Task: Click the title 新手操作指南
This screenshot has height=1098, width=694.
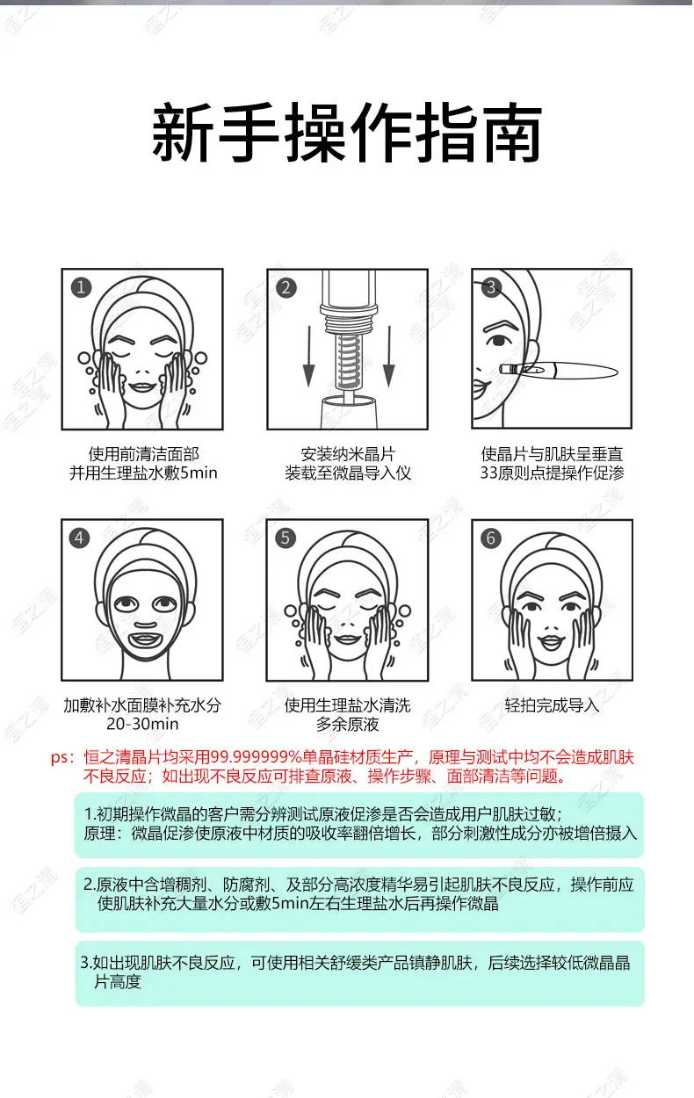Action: click(x=347, y=133)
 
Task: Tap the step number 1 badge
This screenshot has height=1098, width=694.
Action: click(x=82, y=287)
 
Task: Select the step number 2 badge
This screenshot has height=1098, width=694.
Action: click(x=286, y=288)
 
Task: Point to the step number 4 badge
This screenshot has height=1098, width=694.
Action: click(x=79, y=538)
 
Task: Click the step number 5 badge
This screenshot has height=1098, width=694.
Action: click(x=286, y=538)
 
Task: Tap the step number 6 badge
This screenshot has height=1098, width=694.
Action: click(x=490, y=538)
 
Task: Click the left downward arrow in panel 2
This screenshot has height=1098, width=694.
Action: click(x=308, y=357)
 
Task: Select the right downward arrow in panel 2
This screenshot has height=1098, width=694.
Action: click(x=389, y=357)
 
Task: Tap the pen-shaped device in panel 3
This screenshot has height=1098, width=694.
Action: click(x=559, y=371)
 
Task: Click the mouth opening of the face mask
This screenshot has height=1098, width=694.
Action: click(x=145, y=639)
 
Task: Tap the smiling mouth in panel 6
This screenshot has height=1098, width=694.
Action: click(x=552, y=641)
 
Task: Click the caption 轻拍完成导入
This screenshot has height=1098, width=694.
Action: click(x=552, y=705)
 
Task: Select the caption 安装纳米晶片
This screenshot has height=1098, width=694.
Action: click(x=348, y=454)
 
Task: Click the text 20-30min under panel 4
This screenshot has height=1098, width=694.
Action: click(x=142, y=724)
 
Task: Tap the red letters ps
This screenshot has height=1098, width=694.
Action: click(x=61, y=758)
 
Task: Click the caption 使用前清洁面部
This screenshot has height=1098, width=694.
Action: click(x=143, y=454)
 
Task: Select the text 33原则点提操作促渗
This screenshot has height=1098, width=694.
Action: click(x=552, y=473)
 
